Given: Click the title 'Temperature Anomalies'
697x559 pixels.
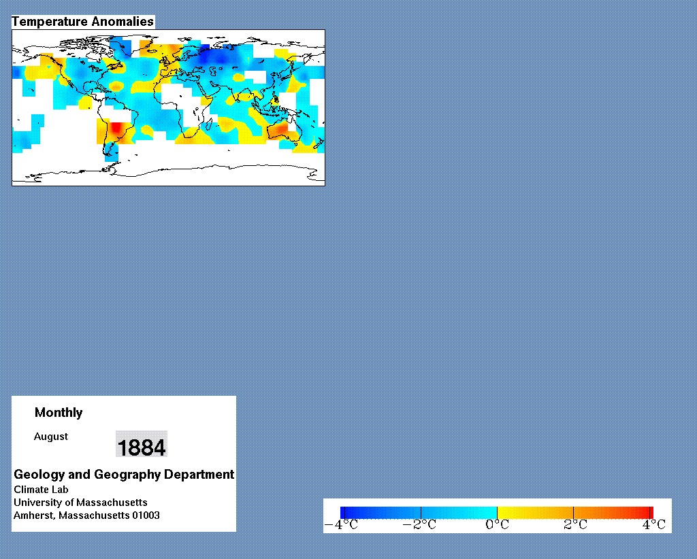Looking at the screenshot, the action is click(82, 22).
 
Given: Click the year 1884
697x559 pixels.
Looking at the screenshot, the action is click(142, 447).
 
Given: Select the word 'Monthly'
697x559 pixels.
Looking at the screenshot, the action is click(59, 413).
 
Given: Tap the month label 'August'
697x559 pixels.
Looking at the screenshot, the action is click(51, 437).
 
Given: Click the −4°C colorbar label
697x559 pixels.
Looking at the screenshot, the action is click(342, 525).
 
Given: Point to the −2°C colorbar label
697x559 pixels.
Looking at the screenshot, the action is click(419, 525).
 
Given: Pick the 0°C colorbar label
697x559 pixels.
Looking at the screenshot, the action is click(498, 525).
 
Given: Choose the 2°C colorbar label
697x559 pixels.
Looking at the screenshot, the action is click(576, 525).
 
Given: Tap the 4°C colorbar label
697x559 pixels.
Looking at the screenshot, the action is click(654, 525).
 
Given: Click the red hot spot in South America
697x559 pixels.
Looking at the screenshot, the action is click(116, 128).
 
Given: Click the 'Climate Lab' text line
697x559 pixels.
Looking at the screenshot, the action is click(41, 490).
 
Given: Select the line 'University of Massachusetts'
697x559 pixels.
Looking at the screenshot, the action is click(80, 503).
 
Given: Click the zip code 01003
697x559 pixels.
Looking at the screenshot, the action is click(146, 515).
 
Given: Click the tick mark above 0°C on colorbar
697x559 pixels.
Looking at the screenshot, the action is click(497, 513).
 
